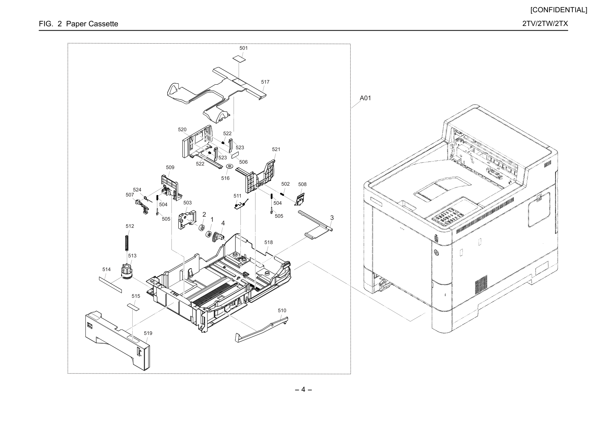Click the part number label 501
click(x=243, y=48)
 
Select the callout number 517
click(x=265, y=82)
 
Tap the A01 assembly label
click(x=365, y=98)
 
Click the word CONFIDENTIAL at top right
click(x=559, y=10)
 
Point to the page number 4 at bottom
click(x=303, y=389)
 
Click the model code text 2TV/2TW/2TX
click(x=545, y=23)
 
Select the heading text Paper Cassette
click(x=92, y=24)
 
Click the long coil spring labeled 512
click(x=127, y=243)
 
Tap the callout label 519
click(x=148, y=333)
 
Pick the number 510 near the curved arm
click(x=282, y=310)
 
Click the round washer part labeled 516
click(x=230, y=166)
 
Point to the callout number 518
click(x=269, y=242)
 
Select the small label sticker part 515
click(x=133, y=307)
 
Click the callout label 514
click(x=106, y=269)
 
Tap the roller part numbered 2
click(x=201, y=228)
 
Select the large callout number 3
click(x=332, y=218)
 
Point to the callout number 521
click(x=276, y=149)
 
